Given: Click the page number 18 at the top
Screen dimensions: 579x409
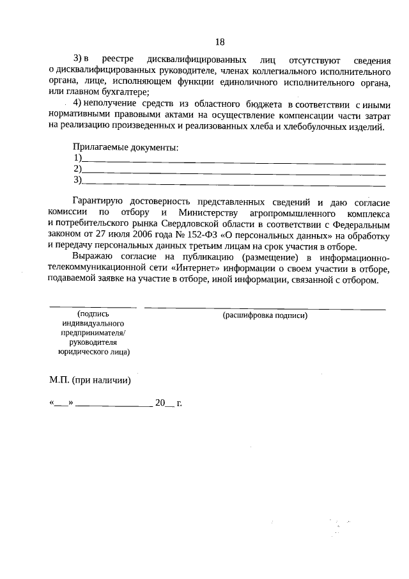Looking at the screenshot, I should (x=220, y=42).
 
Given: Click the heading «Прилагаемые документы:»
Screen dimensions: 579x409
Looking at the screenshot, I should (x=125, y=147).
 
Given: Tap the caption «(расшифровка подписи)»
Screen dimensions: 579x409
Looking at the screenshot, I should (x=265, y=315).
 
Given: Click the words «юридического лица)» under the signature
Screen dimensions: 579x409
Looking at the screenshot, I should (x=93, y=351).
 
